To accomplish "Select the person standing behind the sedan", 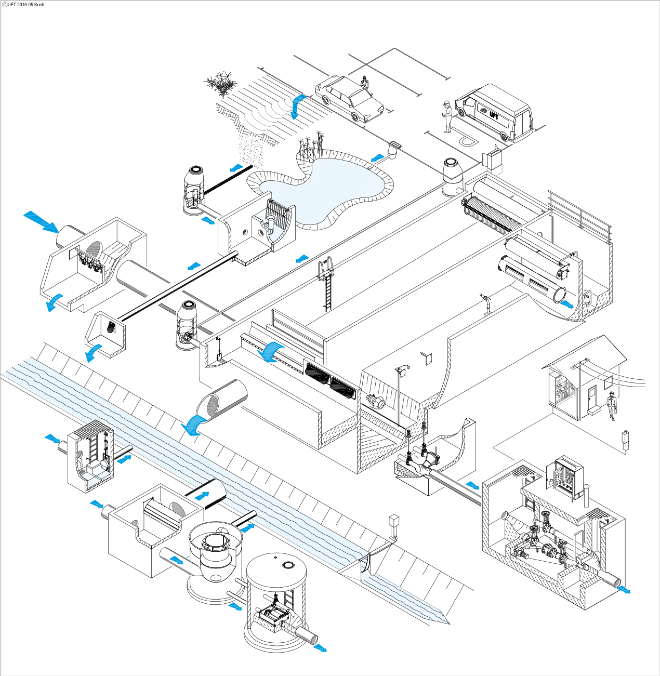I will [364, 83].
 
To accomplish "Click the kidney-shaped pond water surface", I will [322, 187].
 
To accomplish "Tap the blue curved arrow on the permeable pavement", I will [297, 106].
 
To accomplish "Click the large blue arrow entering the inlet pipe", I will [41, 221].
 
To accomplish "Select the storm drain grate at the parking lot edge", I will [395, 143].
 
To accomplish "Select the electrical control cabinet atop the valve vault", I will [567, 478].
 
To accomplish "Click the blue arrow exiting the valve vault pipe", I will [624, 589].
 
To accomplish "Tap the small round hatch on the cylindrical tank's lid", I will [286, 564].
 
